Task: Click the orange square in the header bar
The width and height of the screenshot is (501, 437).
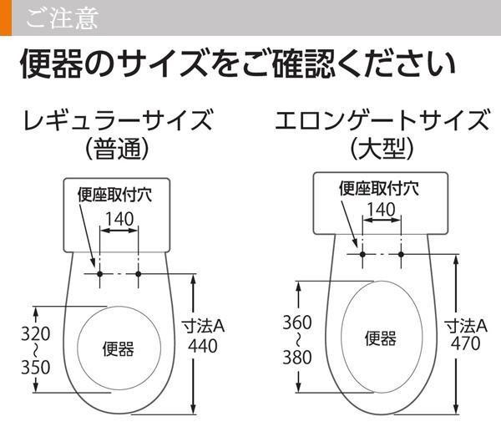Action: [x=6, y=18]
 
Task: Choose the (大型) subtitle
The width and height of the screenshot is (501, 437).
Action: [x=382, y=150]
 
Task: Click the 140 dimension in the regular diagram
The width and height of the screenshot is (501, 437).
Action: [x=119, y=219]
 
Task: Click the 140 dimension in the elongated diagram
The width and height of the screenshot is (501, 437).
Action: [x=382, y=208]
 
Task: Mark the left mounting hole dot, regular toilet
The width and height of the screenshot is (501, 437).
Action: [x=99, y=273]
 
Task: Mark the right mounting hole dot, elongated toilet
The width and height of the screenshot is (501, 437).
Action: [x=402, y=253]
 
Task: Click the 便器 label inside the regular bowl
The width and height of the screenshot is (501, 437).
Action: [x=118, y=348]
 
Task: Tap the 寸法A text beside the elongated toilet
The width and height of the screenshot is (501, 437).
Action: [x=465, y=324]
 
